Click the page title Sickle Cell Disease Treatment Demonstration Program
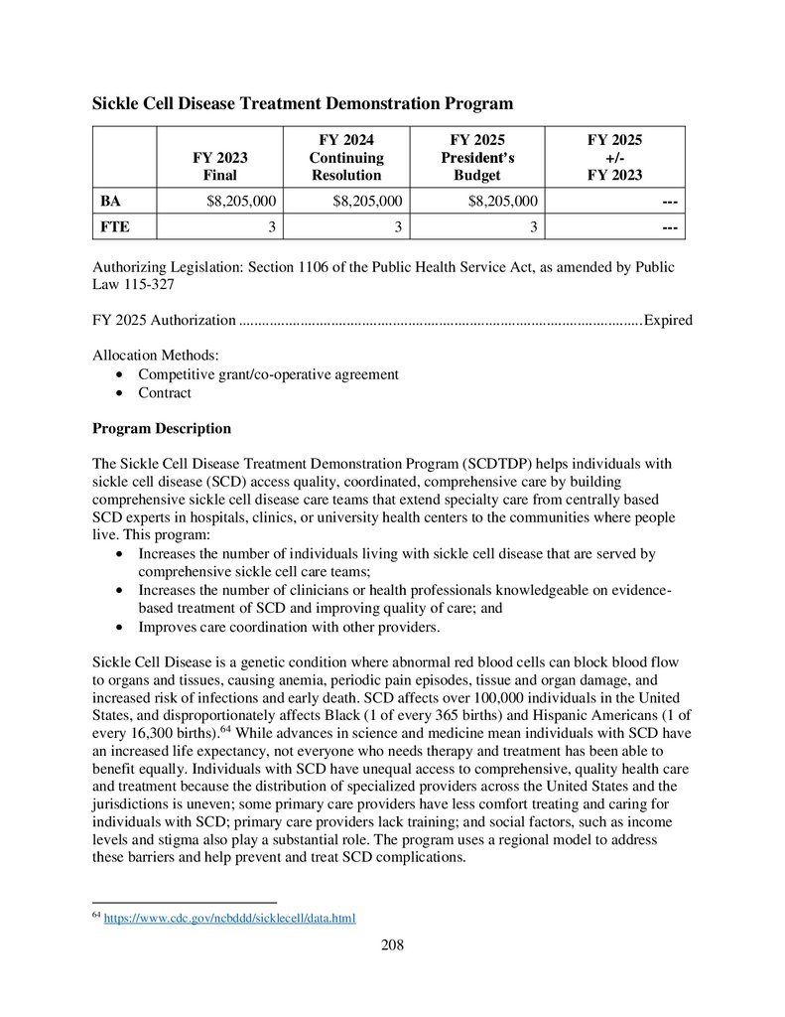click(x=303, y=103)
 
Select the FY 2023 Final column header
click(x=220, y=166)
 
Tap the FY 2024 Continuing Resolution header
click(x=345, y=157)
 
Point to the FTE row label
click(x=114, y=227)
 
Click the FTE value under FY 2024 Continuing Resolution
click(x=396, y=227)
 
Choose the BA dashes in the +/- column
click(x=670, y=201)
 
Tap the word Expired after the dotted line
click(x=668, y=320)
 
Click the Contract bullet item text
click(x=165, y=392)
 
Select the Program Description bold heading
click(x=162, y=428)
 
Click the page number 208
click(x=392, y=944)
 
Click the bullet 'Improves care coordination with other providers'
click(x=289, y=627)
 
